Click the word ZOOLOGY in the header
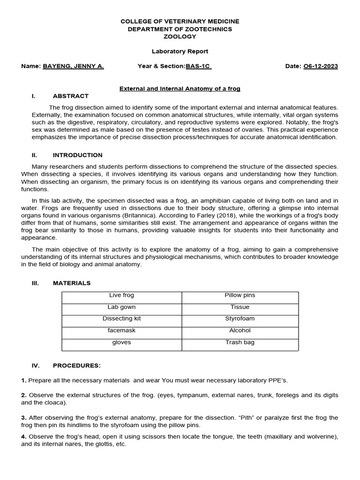[x=180, y=37]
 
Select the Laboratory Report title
[x=180, y=52]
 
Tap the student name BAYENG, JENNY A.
[x=74, y=66]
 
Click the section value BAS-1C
[x=198, y=66]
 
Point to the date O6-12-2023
[x=321, y=66]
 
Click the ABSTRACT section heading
[x=70, y=96]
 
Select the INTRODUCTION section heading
[x=77, y=155]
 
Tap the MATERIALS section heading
[x=72, y=283]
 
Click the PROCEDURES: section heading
[x=76, y=366]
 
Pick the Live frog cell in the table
[x=121, y=295]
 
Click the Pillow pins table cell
[x=240, y=295]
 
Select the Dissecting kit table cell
[x=121, y=319]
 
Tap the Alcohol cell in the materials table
[x=240, y=330]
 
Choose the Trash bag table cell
[x=240, y=342]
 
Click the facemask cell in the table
[x=121, y=330]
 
